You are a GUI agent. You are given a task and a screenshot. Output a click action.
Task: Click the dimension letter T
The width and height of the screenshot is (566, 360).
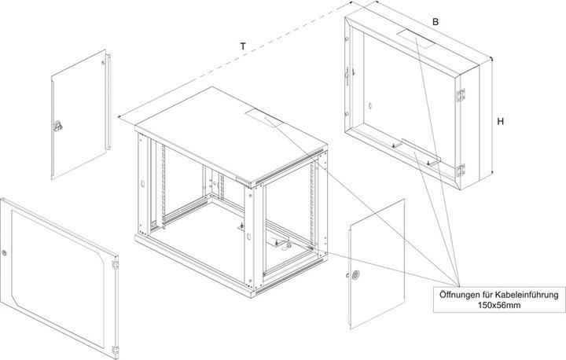[243, 46]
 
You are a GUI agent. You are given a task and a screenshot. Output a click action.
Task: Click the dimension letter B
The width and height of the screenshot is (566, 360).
[436, 22]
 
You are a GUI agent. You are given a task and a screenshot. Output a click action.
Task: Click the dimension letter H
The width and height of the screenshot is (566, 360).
[500, 122]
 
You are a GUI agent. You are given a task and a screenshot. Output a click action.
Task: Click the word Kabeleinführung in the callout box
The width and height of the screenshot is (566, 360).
[527, 295]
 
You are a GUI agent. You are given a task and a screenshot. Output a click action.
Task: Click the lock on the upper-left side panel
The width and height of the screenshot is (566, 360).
[57, 125]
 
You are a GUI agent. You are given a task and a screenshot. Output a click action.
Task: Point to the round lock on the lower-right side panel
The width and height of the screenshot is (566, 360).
[355, 275]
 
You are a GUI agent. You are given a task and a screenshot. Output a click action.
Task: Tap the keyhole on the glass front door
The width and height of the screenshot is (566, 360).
[4, 253]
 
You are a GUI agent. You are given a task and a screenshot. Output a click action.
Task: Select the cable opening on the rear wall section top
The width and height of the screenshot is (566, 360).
[416, 38]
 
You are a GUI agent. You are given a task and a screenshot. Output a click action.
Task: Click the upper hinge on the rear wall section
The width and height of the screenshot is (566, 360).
[461, 94]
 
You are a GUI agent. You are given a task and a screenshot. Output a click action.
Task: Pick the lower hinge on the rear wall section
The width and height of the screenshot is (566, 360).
[461, 170]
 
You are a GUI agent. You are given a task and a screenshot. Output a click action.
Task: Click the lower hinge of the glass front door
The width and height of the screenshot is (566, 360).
[115, 350]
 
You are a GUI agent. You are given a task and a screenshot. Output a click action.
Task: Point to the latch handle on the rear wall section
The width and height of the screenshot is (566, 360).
[347, 75]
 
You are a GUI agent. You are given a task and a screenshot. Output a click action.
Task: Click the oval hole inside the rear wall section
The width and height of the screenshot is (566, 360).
[370, 107]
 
